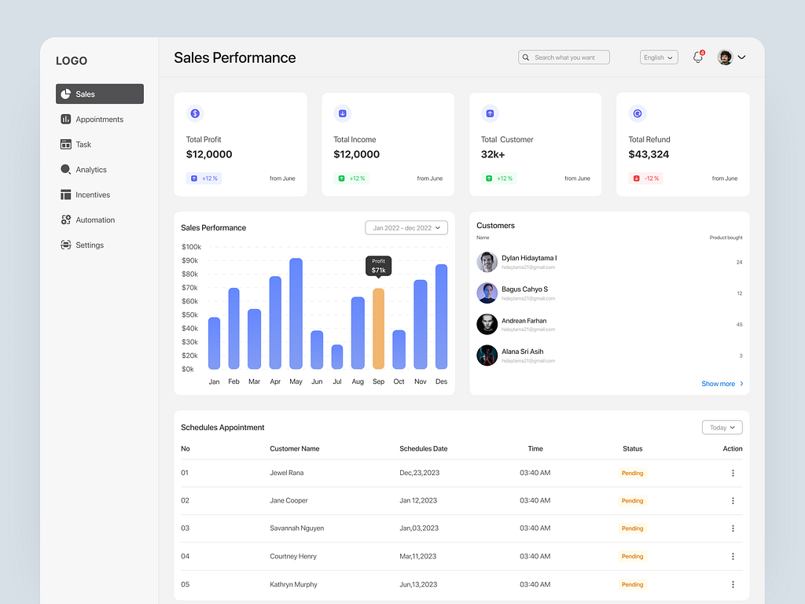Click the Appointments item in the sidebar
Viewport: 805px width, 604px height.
click(x=99, y=120)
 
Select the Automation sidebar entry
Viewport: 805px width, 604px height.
click(x=94, y=220)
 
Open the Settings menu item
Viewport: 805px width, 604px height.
click(x=89, y=245)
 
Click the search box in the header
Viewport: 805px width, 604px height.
click(x=564, y=57)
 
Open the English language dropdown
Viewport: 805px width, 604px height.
click(x=659, y=57)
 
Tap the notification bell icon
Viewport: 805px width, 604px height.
click(x=697, y=57)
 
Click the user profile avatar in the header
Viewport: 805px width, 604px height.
click(x=726, y=57)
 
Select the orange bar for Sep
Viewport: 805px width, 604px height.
click(x=378, y=329)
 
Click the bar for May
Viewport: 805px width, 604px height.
click(x=296, y=314)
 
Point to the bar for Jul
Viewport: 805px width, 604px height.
click(x=337, y=357)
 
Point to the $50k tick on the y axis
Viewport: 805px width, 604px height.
click(x=189, y=315)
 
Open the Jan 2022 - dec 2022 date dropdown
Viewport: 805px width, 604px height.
click(x=406, y=228)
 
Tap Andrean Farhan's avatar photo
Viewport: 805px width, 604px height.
click(x=487, y=324)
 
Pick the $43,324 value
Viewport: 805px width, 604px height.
click(x=649, y=154)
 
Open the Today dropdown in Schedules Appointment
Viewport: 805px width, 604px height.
click(x=722, y=428)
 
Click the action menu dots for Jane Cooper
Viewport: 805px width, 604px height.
click(x=733, y=501)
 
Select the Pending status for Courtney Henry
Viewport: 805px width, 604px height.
click(x=632, y=556)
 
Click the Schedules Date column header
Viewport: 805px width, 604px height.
click(x=423, y=449)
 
